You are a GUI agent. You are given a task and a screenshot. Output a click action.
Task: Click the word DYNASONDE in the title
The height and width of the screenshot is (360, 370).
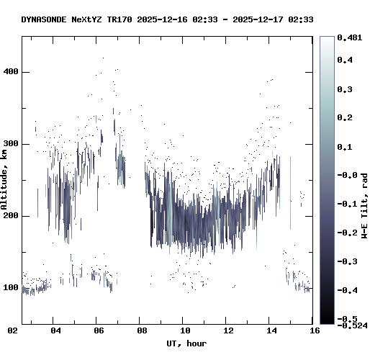click(x=44, y=19)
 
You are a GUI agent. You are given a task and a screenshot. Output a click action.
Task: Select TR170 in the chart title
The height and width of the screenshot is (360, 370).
click(x=119, y=19)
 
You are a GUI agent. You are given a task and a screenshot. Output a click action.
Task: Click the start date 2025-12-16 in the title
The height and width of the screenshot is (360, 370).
click(x=162, y=19)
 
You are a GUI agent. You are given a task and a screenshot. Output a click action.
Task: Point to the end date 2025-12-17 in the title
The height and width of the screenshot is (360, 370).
click(x=258, y=19)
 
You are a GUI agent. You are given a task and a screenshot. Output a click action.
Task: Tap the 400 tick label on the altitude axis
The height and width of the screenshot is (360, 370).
click(x=11, y=71)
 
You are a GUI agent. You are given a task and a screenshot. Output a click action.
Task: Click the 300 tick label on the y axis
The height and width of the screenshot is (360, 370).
click(x=11, y=144)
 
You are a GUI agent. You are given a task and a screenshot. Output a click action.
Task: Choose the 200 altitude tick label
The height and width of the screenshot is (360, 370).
click(x=11, y=216)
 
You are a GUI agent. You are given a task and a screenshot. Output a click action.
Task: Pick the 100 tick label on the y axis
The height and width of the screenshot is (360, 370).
click(x=11, y=287)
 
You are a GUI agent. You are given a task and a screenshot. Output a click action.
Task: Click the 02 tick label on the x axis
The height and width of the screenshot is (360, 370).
click(x=12, y=330)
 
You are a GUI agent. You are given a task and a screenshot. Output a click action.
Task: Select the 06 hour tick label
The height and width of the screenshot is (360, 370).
click(x=99, y=330)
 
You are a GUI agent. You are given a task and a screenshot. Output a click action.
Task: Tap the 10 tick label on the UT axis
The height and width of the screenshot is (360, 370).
click(x=185, y=330)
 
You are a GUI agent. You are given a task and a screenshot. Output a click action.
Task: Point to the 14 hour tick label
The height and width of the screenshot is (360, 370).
click(x=271, y=330)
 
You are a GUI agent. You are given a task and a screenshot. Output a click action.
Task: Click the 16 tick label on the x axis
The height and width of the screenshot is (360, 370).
click(x=315, y=330)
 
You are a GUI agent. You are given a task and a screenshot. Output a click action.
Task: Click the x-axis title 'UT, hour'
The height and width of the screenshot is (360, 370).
click(x=186, y=343)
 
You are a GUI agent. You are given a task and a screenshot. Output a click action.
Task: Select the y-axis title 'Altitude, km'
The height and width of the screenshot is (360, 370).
click(x=4, y=180)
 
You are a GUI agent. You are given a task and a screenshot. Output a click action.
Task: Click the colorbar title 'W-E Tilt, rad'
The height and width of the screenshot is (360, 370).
click(x=364, y=206)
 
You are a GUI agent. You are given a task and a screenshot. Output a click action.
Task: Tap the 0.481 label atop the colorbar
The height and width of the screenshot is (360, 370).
click(x=350, y=37)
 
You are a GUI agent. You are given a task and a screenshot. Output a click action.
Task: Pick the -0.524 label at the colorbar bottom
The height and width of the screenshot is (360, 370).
click(x=352, y=325)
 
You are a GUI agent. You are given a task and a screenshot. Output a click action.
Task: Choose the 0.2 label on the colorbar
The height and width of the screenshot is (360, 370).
click(x=345, y=117)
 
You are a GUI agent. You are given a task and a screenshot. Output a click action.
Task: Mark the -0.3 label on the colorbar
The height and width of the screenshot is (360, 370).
click(x=348, y=261)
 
